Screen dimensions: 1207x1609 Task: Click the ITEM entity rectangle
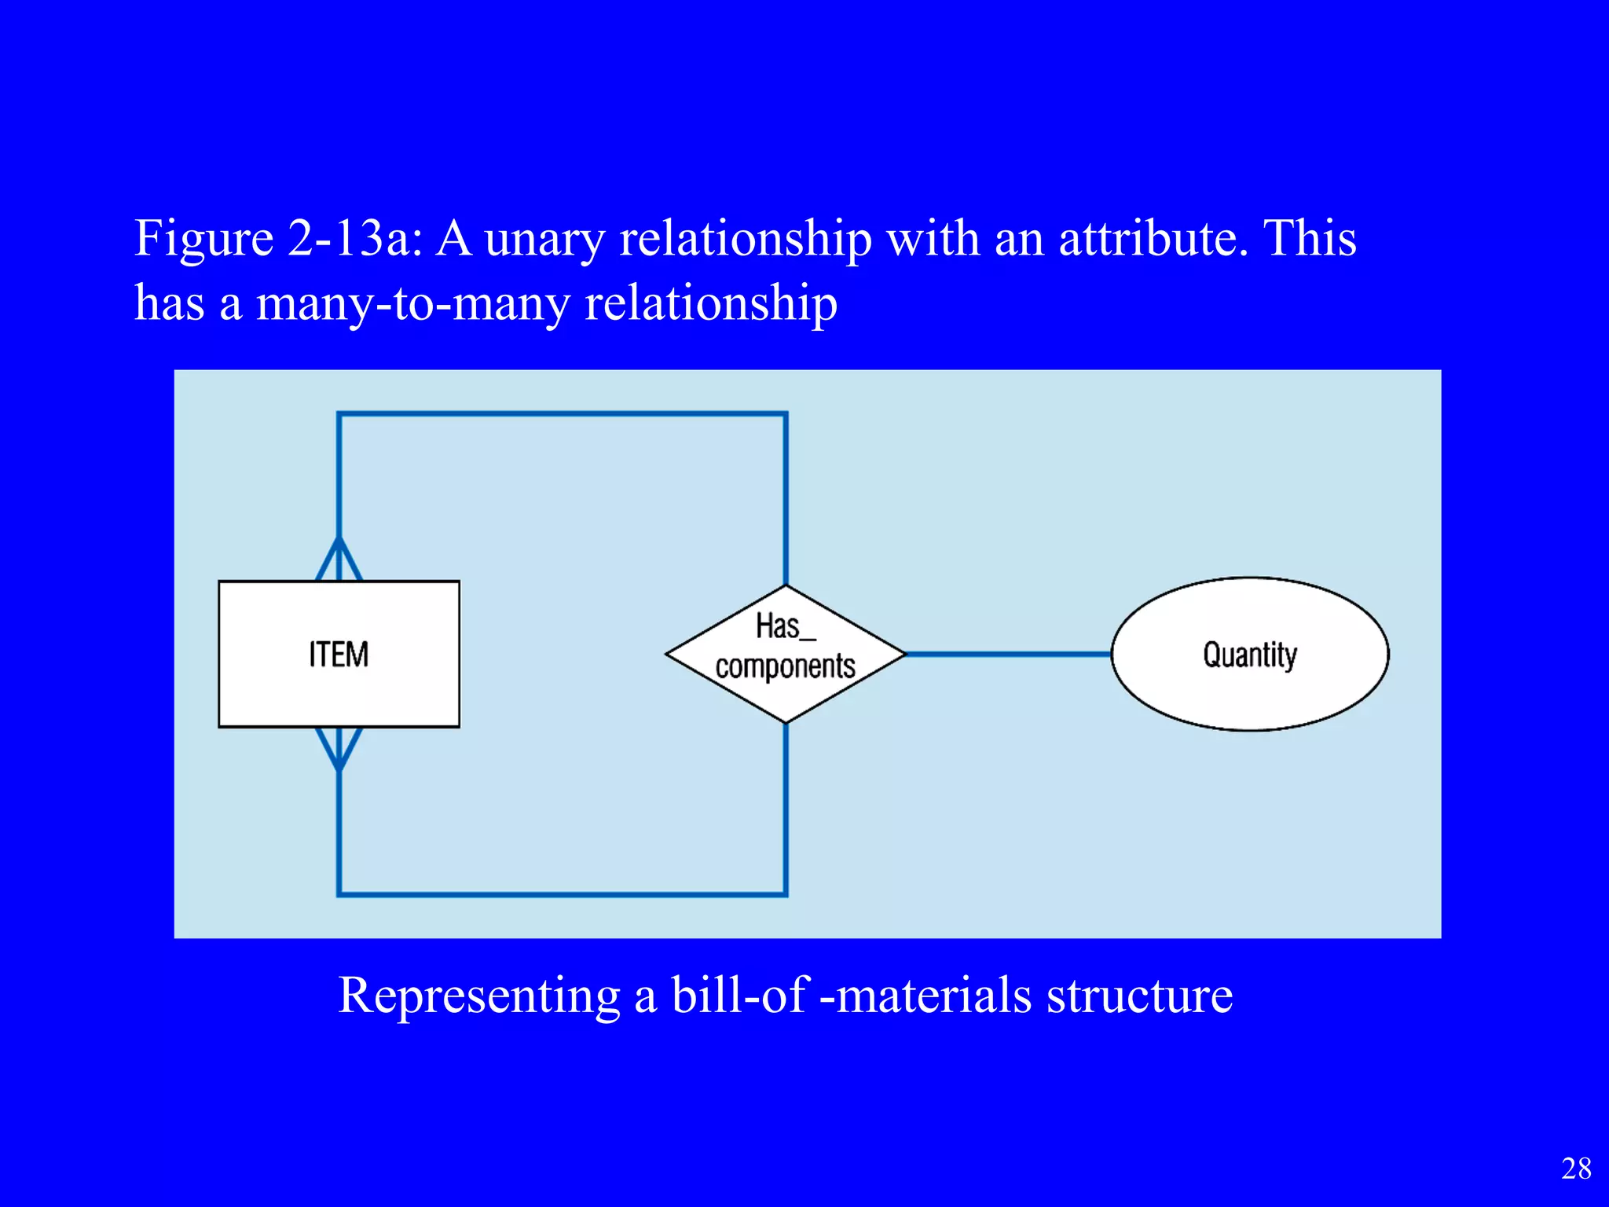click(x=339, y=654)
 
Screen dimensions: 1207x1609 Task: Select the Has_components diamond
click(x=786, y=654)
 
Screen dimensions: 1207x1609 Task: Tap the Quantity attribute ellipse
click(x=1250, y=654)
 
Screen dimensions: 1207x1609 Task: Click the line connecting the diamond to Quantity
click(x=1009, y=654)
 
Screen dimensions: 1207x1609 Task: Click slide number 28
click(x=1576, y=1168)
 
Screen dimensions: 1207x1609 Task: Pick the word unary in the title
click(x=544, y=239)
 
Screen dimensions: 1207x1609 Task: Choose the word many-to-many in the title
click(x=412, y=303)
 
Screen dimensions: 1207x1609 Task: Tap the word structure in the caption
click(x=1139, y=995)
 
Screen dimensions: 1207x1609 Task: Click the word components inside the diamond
click(x=785, y=666)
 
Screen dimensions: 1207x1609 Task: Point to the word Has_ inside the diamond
click(x=785, y=626)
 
